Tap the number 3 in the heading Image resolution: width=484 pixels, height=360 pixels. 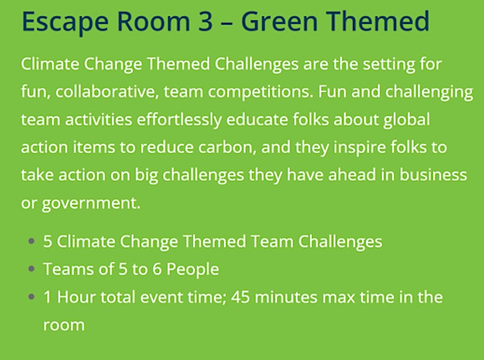click(206, 21)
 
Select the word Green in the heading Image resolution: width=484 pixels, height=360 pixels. click(280, 21)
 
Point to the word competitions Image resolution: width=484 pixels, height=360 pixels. click(261, 92)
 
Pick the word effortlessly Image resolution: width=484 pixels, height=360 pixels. click(179, 120)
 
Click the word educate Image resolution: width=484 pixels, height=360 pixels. click(257, 120)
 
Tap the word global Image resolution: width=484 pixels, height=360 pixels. click(407, 120)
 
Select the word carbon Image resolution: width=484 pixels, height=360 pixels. click(227, 147)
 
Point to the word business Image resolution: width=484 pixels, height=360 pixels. click(433, 175)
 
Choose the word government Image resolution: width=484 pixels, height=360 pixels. click(91, 204)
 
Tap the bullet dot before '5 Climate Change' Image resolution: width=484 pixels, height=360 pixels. click(31, 241)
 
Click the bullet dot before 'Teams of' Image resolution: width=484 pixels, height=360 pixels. click(31, 269)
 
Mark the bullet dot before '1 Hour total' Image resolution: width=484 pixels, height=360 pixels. click(31, 297)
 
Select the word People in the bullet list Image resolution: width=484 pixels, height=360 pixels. click(193, 269)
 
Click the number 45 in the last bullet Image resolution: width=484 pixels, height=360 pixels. click(240, 297)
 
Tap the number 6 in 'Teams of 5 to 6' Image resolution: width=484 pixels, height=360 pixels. click(157, 269)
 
